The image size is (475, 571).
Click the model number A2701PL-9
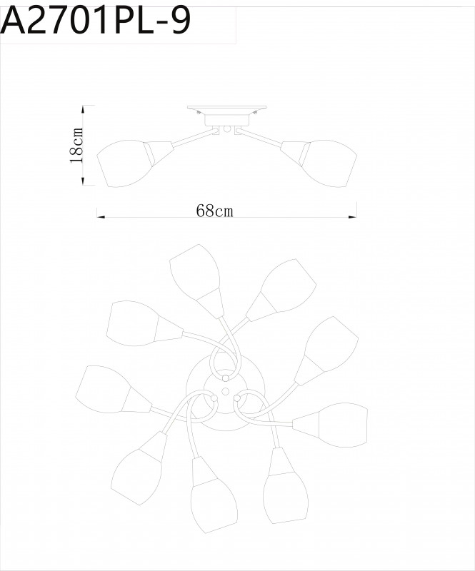tap(96, 21)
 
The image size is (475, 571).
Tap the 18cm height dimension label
tap(76, 145)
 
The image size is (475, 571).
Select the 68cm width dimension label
tap(215, 211)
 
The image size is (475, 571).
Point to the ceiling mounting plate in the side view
tap(226, 111)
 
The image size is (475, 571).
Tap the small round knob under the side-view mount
tap(226, 130)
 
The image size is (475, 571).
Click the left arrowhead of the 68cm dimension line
tap(99, 216)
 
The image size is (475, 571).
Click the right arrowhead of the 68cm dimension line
tap(353, 216)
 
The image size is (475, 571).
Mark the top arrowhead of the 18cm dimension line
tap(84, 108)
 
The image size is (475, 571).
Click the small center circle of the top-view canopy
tap(226, 392)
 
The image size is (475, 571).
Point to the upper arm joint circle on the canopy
tap(225, 377)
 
